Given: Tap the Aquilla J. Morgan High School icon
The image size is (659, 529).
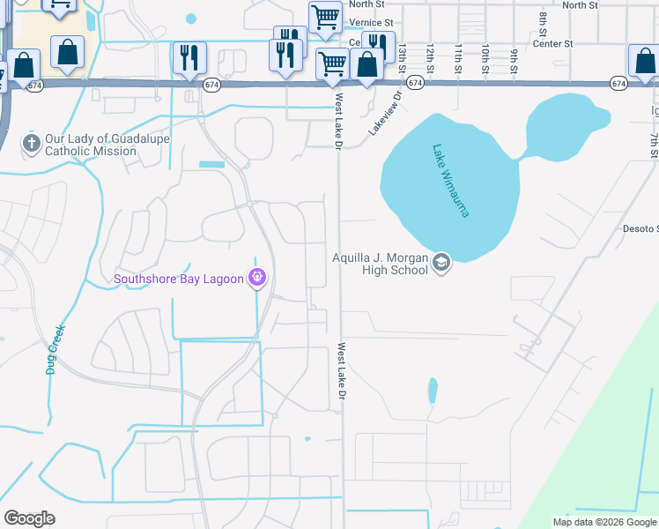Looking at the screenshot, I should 441,262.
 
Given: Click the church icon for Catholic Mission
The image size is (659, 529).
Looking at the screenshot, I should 31,144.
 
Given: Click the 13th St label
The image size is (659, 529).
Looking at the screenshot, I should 402,58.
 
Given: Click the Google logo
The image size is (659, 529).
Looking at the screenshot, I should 29,518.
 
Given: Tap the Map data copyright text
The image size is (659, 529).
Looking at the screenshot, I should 605,522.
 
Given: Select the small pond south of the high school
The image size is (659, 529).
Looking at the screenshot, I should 432,390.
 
